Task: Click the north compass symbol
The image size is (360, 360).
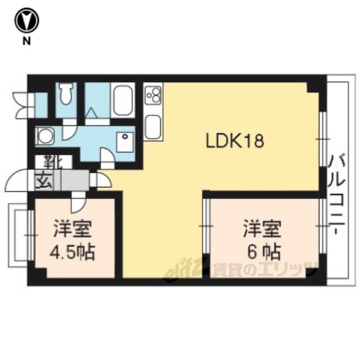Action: coord(27,20)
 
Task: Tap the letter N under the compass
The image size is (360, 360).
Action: coord(26,42)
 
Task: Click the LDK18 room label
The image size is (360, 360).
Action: coord(235,141)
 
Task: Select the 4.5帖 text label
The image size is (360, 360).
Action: coord(73,253)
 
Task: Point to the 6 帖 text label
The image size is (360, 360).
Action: coord(264,252)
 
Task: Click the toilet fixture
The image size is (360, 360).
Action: coord(66,94)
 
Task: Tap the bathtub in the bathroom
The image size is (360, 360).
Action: coord(123,100)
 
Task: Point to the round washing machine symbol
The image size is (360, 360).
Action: coord(44,136)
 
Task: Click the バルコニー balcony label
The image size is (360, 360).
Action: coord(337,195)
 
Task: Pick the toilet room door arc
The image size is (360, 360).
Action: coord(69,133)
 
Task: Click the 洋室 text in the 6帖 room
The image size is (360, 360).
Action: coord(263,229)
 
